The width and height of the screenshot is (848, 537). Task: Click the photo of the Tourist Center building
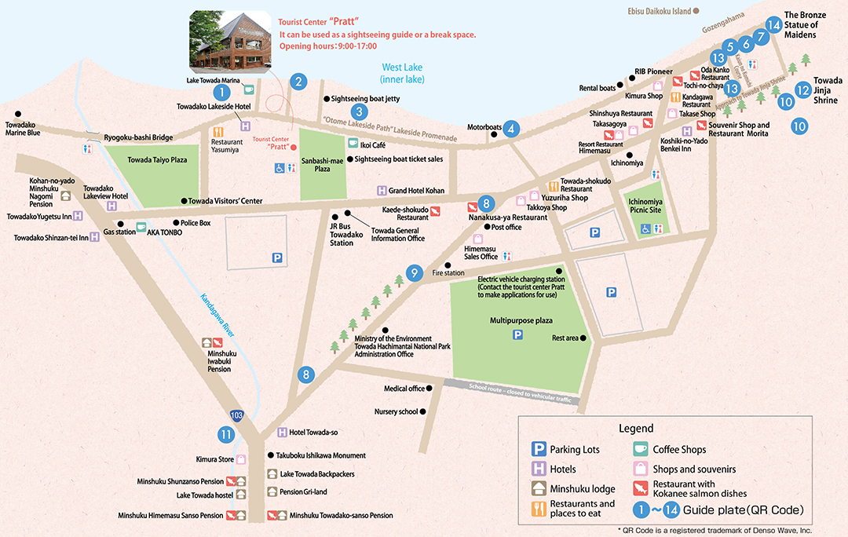(230, 38)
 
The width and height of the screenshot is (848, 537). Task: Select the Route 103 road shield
(237, 414)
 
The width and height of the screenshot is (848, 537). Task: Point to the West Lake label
(402, 74)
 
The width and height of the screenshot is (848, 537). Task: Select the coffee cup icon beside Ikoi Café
(353, 144)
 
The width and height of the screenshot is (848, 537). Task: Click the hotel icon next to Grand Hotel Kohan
(382, 190)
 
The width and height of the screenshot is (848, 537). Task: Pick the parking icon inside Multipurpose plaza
(517, 335)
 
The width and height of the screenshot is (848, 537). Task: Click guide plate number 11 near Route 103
(226, 434)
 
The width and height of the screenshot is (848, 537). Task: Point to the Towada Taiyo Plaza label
(158, 159)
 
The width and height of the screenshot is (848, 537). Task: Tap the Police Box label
(196, 223)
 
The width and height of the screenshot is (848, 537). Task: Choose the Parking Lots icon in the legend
(539, 450)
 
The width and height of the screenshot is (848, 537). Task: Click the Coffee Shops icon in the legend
(641, 450)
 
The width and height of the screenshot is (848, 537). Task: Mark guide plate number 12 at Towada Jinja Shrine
(802, 89)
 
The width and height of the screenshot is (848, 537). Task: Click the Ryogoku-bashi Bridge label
(138, 137)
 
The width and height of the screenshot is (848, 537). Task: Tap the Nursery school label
(397, 411)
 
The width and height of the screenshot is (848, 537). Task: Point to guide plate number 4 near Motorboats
(511, 129)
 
